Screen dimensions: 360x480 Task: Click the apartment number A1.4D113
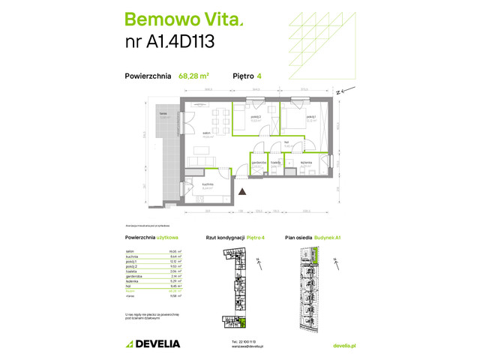(169, 42)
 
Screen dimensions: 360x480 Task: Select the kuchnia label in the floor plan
(208, 184)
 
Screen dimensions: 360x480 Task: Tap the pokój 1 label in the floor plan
(310, 118)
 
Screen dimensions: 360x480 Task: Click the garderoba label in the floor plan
(259, 163)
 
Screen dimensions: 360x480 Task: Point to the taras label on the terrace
(162, 113)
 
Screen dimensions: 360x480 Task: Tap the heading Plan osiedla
(301, 238)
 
